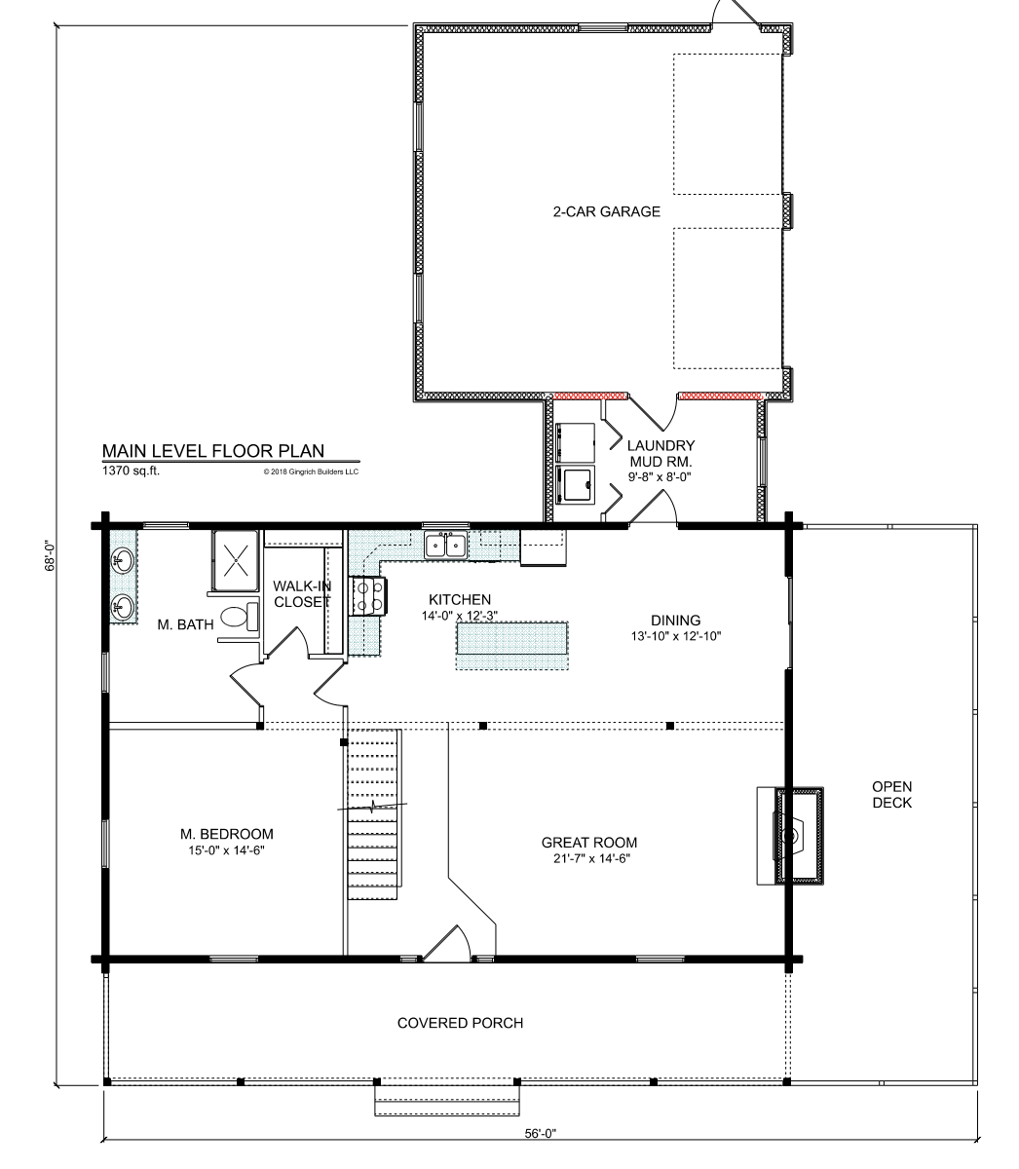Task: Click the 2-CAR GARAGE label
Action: click(x=607, y=211)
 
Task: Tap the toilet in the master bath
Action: click(x=238, y=616)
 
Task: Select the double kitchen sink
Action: click(x=445, y=544)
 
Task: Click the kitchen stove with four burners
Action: click(x=368, y=596)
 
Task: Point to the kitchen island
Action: click(x=511, y=645)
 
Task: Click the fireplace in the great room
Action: click(x=790, y=835)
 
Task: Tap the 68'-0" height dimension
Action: click(x=52, y=556)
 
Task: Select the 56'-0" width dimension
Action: click(x=541, y=1134)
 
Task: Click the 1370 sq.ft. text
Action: click(x=131, y=471)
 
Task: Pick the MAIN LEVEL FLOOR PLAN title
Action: click(x=213, y=451)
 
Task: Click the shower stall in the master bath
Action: click(x=235, y=560)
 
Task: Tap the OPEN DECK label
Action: click(x=892, y=794)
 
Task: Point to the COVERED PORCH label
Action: click(x=461, y=1023)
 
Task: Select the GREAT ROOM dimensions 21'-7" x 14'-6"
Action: click(x=591, y=858)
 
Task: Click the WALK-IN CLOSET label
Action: click(x=302, y=593)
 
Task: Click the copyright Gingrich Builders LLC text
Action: click(x=311, y=471)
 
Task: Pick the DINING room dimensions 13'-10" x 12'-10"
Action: click(x=676, y=636)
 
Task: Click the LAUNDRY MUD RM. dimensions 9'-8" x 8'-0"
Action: click(x=660, y=476)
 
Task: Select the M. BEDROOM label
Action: click(x=227, y=834)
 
